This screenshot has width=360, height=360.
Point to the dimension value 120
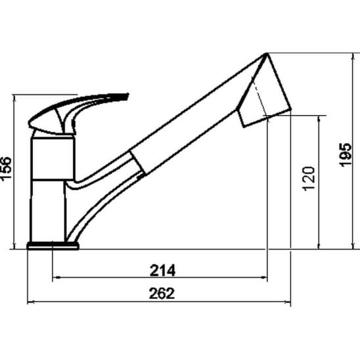[x=309, y=178]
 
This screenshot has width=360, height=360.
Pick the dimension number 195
[x=348, y=154]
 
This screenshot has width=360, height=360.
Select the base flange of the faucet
[x=53, y=246]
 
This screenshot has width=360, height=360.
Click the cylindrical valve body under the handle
[x=51, y=158]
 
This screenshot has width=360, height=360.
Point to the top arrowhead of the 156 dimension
[x=14, y=98]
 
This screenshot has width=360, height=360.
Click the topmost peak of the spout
[x=266, y=54]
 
